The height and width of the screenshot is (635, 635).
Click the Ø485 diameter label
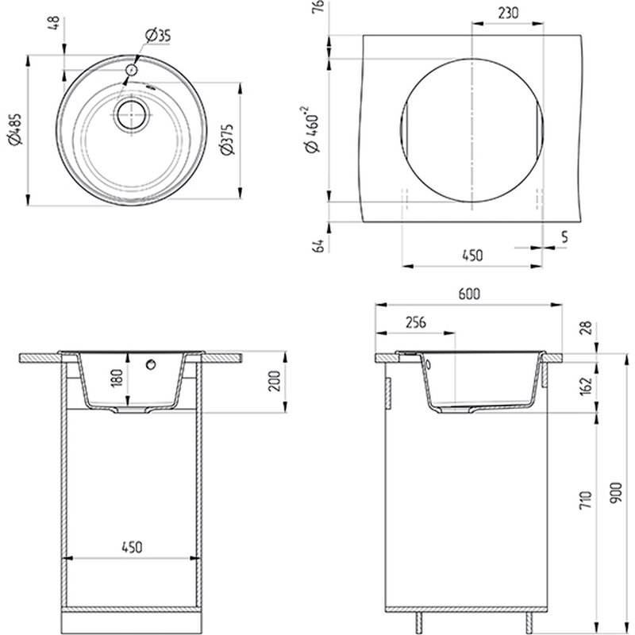(x=15, y=129)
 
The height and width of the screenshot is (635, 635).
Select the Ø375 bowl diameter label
(x=227, y=140)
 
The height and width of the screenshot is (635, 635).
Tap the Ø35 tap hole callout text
(x=158, y=36)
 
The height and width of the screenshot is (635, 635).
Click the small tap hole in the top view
(x=131, y=70)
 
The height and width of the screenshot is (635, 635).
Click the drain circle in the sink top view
(x=131, y=114)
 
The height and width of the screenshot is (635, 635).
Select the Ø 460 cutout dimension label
(x=312, y=129)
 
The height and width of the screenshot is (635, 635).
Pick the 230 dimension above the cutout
(x=508, y=13)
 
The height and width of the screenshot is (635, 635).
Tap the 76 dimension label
(x=319, y=7)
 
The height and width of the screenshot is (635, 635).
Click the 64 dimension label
(x=320, y=246)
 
